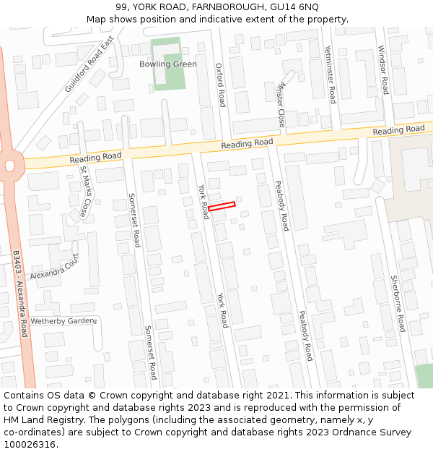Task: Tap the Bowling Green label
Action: coord(167,64)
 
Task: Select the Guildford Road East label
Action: coord(89,64)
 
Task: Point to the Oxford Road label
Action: coord(221,85)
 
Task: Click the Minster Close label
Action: coord(280,103)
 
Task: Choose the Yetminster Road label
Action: coord(330,74)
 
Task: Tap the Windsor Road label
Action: coord(383,70)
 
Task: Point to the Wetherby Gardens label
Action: coord(64,320)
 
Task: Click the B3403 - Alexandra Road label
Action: coord(20,294)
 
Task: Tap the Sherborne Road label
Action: coord(399,304)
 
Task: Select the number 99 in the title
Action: coord(121,7)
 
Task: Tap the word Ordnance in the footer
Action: coord(339,432)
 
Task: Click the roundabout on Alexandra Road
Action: coord(9,166)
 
